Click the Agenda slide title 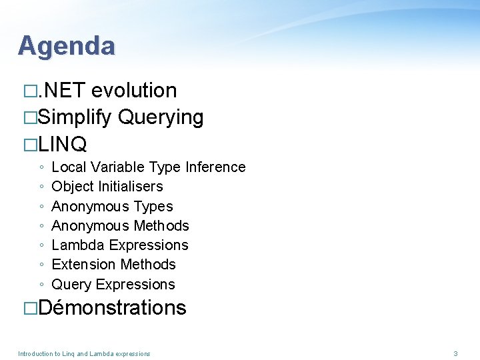pyautogui.click(x=66, y=45)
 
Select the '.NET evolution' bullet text pyautogui.click(x=107, y=90)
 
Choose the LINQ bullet pyautogui.click(x=63, y=143)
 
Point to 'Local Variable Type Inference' pyautogui.click(x=148, y=167)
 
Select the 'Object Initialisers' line pyautogui.click(x=107, y=186)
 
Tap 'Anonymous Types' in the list pyautogui.click(x=112, y=206)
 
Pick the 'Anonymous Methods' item pyautogui.click(x=120, y=225)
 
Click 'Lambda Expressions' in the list pyautogui.click(x=120, y=245)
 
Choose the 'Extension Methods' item pyautogui.click(x=113, y=264)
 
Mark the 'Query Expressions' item pyautogui.click(x=113, y=284)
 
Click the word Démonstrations pyautogui.click(x=112, y=307)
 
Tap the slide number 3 pyautogui.click(x=455, y=353)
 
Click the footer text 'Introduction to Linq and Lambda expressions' pyautogui.click(x=84, y=353)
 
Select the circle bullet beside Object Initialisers pyautogui.click(x=41, y=187)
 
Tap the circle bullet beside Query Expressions pyautogui.click(x=41, y=285)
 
